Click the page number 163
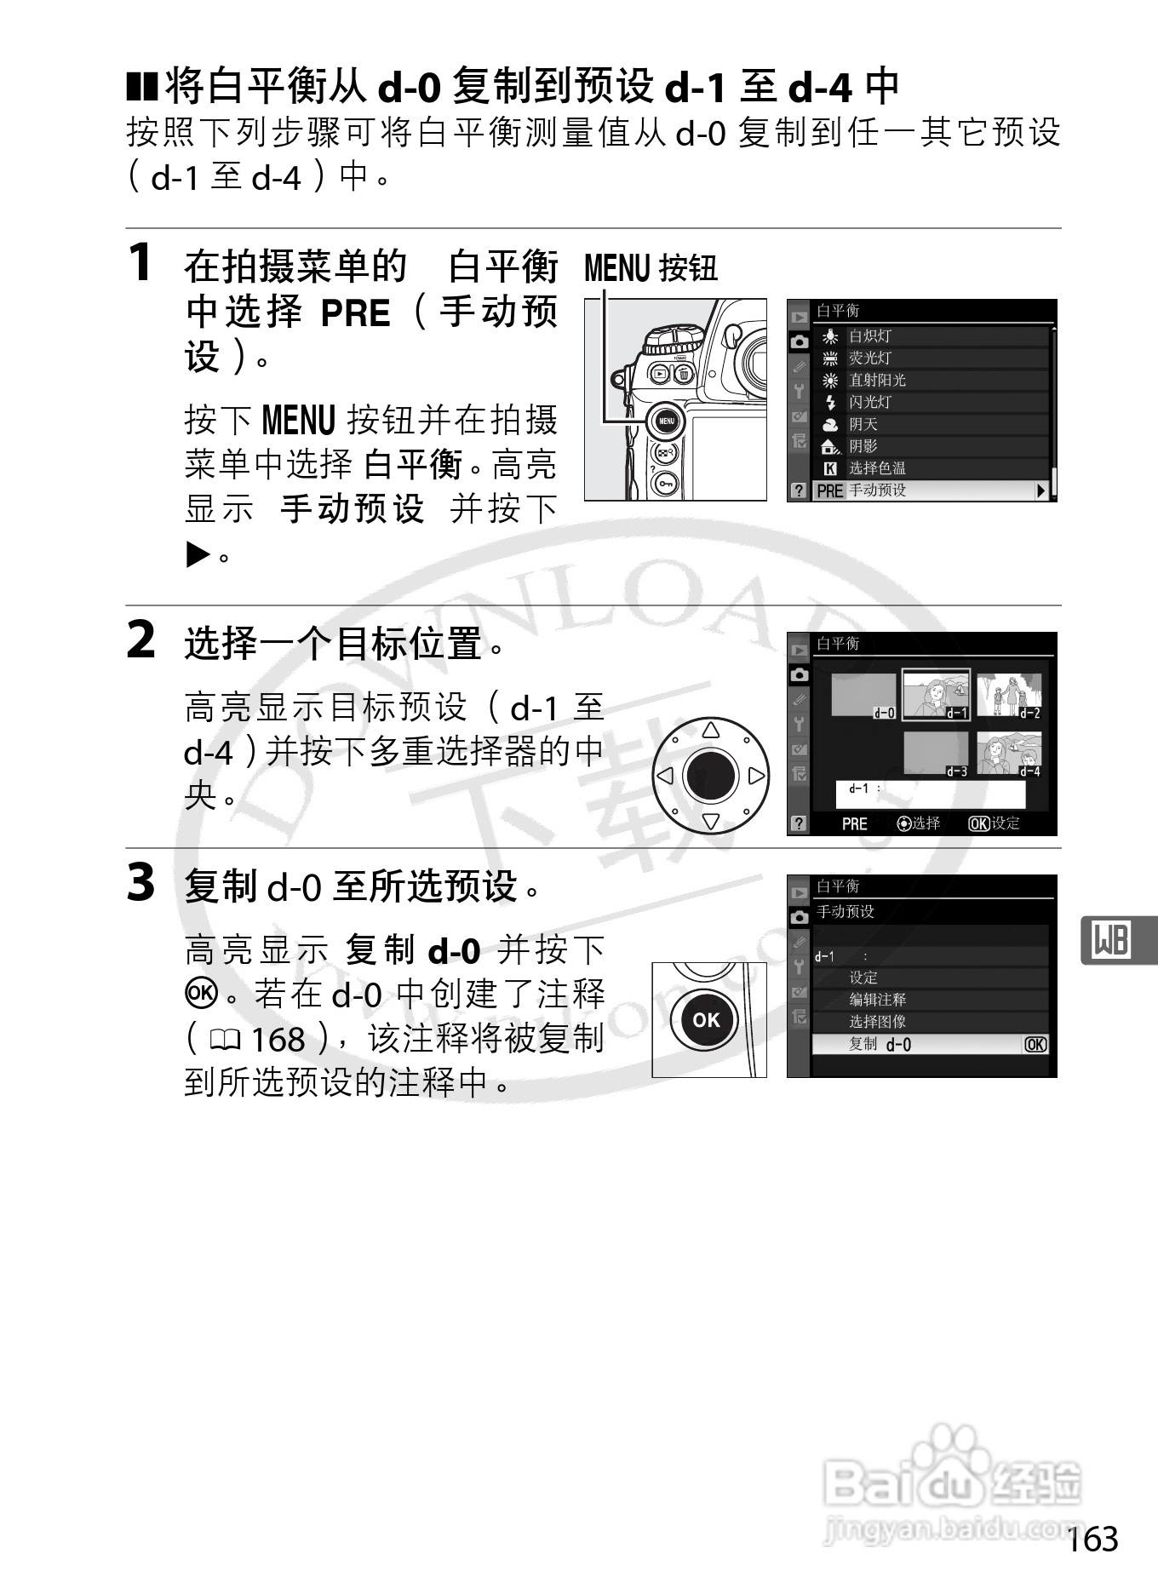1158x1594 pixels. click(x=1092, y=1539)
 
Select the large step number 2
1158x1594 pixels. click(x=141, y=640)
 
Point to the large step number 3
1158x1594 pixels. click(x=141, y=882)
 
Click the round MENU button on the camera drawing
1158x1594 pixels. click(x=666, y=421)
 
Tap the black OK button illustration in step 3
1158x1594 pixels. click(x=706, y=1020)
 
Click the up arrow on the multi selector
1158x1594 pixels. click(x=711, y=730)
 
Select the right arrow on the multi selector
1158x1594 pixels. click(x=755, y=776)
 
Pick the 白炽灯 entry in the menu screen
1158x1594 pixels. click(x=869, y=336)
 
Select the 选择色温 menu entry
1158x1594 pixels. click(x=877, y=468)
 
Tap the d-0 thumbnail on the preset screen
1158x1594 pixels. click(x=863, y=697)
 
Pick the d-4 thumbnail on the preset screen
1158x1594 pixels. click(x=1009, y=754)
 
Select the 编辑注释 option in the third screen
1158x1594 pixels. click(x=877, y=1000)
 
